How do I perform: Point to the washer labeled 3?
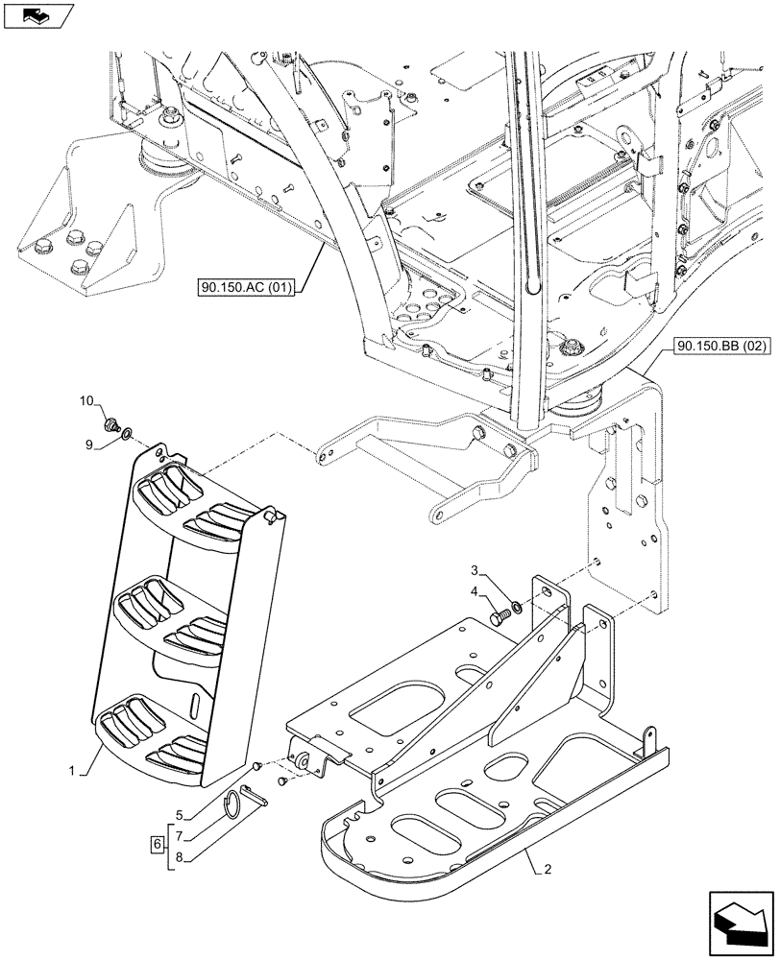tap(518, 606)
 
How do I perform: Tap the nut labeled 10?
tap(110, 421)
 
